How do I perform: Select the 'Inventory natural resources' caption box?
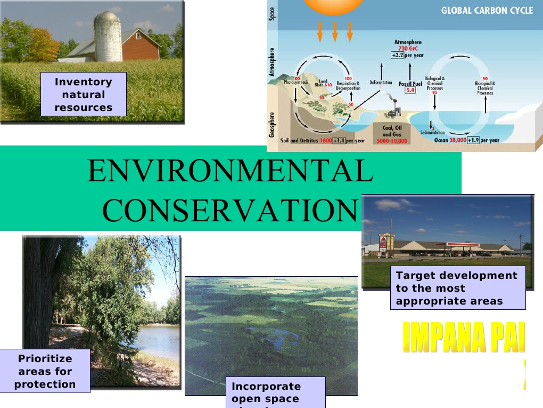(x=84, y=94)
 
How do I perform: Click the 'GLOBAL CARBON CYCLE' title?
(x=487, y=11)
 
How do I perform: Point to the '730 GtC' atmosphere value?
(x=407, y=49)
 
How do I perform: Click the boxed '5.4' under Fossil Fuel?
(x=410, y=90)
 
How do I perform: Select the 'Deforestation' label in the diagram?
(x=381, y=83)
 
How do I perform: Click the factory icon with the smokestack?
(x=394, y=110)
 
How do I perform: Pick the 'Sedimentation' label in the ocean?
(x=432, y=132)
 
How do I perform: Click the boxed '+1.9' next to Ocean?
(x=473, y=140)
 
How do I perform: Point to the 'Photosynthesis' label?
(x=296, y=83)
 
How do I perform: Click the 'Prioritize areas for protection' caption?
(x=45, y=371)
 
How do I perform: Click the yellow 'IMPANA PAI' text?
(x=463, y=338)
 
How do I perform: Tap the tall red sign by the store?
(x=383, y=243)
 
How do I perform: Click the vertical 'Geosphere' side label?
(x=273, y=124)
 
